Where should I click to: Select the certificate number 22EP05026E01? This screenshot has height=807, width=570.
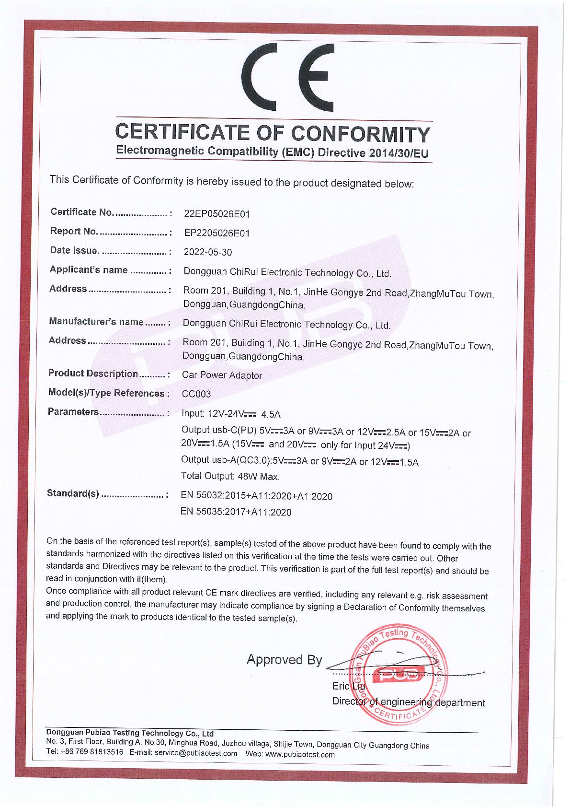tap(217, 213)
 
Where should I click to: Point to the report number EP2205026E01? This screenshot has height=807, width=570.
tap(217, 233)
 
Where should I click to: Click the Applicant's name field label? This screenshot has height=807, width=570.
tap(89, 270)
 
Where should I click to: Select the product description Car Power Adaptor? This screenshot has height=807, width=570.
tap(222, 375)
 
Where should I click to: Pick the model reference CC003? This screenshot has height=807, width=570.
tap(196, 394)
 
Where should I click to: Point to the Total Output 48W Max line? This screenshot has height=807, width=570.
tap(230, 477)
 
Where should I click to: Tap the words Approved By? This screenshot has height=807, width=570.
tap(284, 660)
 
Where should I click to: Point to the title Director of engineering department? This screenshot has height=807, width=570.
tap(408, 702)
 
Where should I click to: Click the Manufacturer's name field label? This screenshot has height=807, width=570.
tap(96, 322)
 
